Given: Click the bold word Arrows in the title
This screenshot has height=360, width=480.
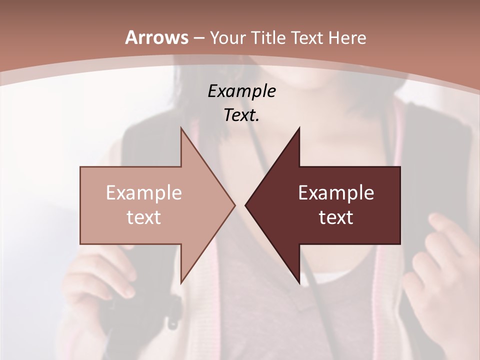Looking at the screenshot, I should [x=156, y=37].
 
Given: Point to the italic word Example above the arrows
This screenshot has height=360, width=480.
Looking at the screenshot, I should [x=241, y=91].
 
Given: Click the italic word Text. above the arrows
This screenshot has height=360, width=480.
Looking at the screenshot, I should [x=241, y=115].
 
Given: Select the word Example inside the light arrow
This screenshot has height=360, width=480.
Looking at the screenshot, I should [x=143, y=193].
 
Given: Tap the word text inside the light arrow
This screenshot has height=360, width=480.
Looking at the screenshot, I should [x=143, y=217].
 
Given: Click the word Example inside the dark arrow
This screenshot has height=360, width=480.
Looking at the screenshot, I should [x=336, y=193].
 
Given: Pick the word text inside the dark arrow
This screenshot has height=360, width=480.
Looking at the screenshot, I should [x=336, y=217].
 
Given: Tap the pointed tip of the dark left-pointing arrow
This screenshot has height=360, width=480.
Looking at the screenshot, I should [x=246, y=205].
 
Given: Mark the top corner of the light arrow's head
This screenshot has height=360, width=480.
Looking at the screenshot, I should [x=181, y=128].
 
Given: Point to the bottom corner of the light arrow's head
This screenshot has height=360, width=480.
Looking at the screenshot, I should [x=181, y=282].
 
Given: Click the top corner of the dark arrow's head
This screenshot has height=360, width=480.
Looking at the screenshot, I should [x=299, y=128].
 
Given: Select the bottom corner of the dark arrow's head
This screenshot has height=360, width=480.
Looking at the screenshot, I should [x=299, y=282].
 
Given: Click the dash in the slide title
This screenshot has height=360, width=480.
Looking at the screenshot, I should [x=198, y=38].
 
